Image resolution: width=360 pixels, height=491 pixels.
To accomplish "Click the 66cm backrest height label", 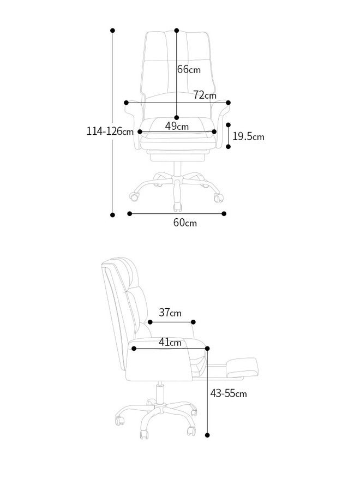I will click(x=189, y=69).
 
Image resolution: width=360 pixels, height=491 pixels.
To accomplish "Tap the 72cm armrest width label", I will click(x=205, y=95).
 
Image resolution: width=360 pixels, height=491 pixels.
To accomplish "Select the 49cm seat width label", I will click(x=177, y=127).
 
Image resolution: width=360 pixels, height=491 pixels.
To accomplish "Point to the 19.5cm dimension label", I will click(x=248, y=136).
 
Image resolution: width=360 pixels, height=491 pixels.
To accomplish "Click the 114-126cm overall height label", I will click(x=110, y=131).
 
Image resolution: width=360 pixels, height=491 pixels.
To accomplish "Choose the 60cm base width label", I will click(x=185, y=223).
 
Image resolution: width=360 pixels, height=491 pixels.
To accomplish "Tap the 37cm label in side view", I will click(x=170, y=313).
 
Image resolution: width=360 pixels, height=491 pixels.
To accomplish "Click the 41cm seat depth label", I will click(x=170, y=343).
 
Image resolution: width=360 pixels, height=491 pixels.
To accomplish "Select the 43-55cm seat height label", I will click(x=229, y=393).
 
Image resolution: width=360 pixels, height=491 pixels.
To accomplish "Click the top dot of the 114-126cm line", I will click(x=113, y=31).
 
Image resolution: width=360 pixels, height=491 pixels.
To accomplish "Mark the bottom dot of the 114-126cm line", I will click(x=113, y=214).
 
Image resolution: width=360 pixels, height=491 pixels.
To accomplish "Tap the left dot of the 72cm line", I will click(x=127, y=103).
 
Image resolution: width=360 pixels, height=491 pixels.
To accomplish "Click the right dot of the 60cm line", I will click(x=224, y=214).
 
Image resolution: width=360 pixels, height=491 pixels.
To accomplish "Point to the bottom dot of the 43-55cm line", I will click(x=208, y=435).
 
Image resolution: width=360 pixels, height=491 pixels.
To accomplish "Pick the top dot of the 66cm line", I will click(x=177, y=31).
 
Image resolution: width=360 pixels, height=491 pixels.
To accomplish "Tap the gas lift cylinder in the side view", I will click(x=160, y=393).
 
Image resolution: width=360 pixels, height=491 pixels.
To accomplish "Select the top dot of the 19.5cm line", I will click(x=228, y=124).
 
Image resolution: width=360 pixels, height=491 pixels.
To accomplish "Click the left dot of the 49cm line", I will click(x=140, y=131).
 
